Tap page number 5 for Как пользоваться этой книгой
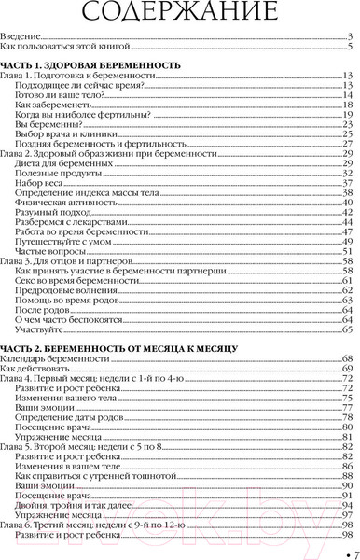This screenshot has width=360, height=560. [349, 46]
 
